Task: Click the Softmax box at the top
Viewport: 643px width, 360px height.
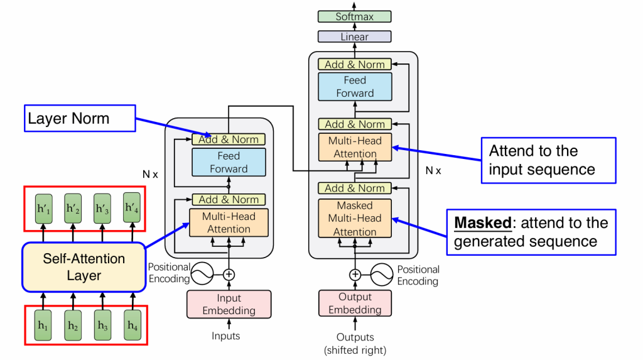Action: pyautogui.click(x=354, y=17)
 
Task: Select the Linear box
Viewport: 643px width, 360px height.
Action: pyautogui.click(x=354, y=37)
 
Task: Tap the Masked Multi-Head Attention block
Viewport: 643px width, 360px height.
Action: pyautogui.click(x=354, y=219)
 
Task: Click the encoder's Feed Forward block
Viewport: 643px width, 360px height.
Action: pyautogui.click(x=229, y=162)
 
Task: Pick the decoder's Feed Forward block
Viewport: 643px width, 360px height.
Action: pyautogui.click(x=354, y=87)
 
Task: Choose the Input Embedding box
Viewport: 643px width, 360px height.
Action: pyautogui.click(x=229, y=304)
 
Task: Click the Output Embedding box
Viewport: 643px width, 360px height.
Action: pyautogui.click(x=354, y=303)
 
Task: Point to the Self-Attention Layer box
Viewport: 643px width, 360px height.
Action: pyautogui.click(x=84, y=267)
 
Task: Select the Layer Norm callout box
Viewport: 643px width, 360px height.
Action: pyautogui.click(x=80, y=118)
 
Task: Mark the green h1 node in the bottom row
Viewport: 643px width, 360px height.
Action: pyautogui.click(x=43, y=325)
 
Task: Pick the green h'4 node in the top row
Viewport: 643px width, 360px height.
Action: pyautogui.click(x=132, y=208)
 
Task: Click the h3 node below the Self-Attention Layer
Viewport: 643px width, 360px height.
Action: pyautogui.click(x=102, y=325)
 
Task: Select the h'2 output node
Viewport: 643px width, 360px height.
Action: pyautogui.click(x=73, y=208)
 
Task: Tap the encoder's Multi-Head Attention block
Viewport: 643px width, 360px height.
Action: pyautogui.click(x=229, y=222)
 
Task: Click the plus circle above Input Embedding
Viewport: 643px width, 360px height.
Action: pyautogui.click(x=229, y=274)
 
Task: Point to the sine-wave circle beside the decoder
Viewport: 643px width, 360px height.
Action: pyautogui.click(x=382, y=275)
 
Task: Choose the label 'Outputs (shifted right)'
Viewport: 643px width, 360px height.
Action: pyautogui.click(x=355, y=343)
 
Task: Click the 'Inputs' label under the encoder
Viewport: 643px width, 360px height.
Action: pyautogui.click(x=225, y=336)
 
